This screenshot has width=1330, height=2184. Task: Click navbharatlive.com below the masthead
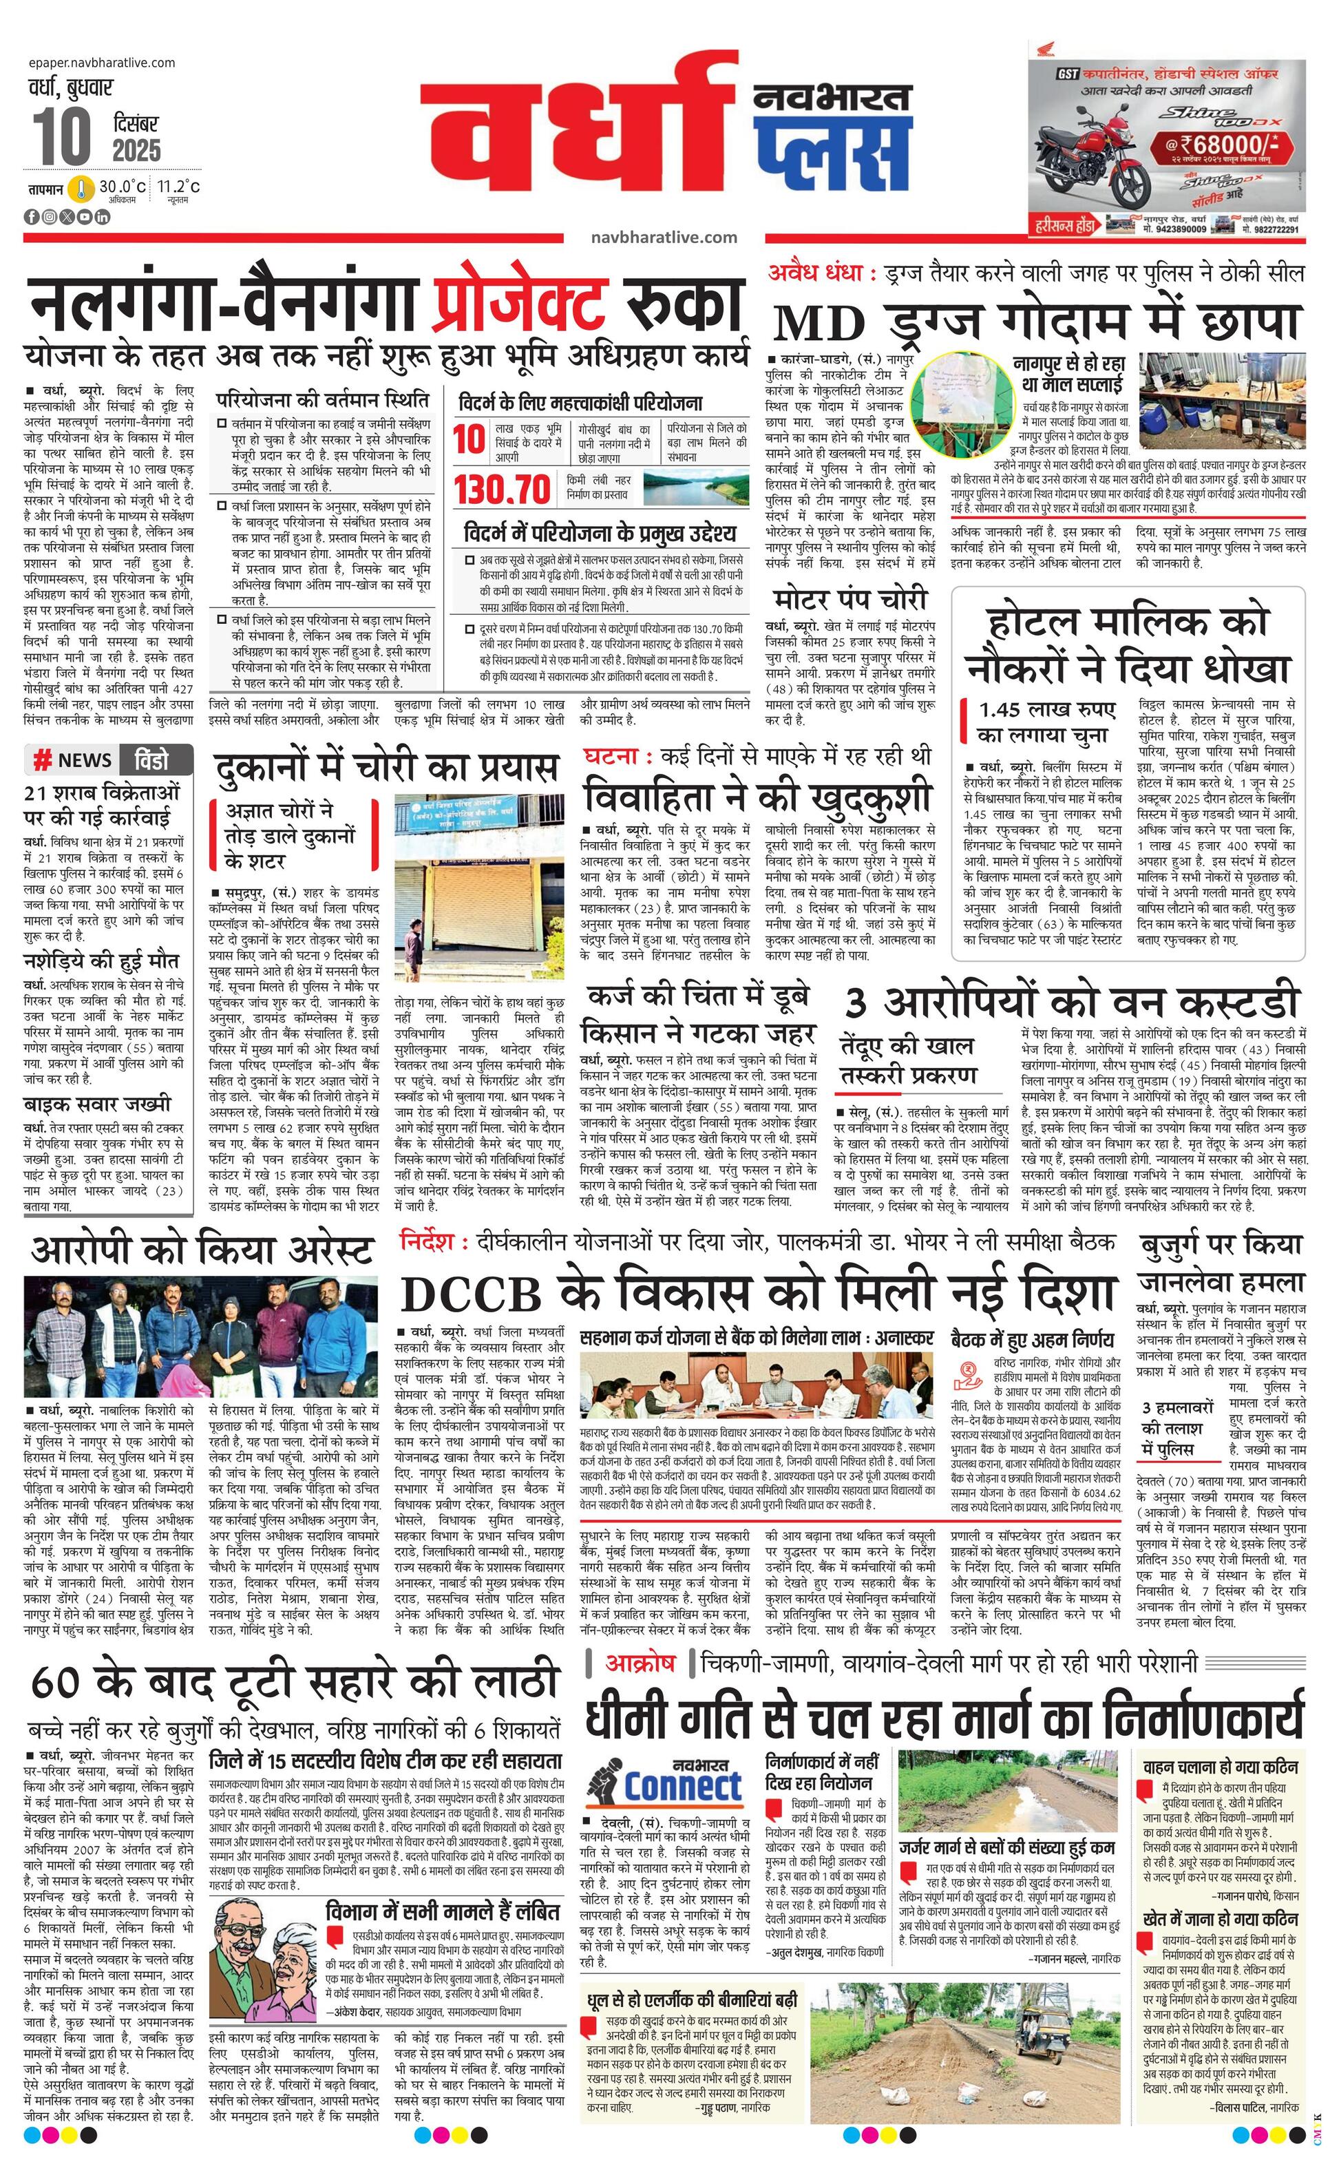pos(664,237)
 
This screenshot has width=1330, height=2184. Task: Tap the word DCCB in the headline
pos(470,1295)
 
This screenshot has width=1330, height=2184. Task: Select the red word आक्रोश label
pos(640,1663)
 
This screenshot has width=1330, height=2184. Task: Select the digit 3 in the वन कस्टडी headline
pos(854,1003)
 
